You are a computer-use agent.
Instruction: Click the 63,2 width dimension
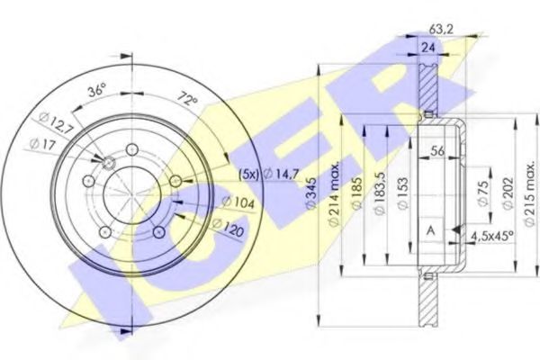tap(441, 30)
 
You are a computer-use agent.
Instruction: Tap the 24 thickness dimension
tap(428, 48)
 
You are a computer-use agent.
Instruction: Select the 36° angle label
tap(96, 91)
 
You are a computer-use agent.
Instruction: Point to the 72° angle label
tap(188, 99)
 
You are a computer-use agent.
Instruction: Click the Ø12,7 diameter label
tap(56, 123)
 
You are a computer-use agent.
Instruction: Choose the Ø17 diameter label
tap(42, 144)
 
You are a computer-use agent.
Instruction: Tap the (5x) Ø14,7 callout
tap(269, 175)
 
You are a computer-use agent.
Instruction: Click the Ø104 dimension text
tap(238, 202)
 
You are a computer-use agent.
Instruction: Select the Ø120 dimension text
tap(228, 228)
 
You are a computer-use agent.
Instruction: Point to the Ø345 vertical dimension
tap(311, 193)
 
